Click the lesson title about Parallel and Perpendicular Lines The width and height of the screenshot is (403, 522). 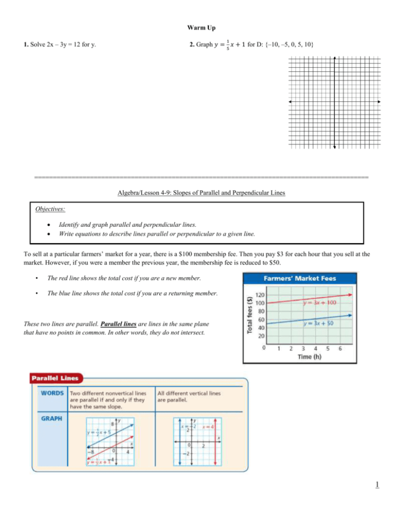pyautogui.click(x=201, y=193)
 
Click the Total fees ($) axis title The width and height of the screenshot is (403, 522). pyautogui.click(x=250, y=315)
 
